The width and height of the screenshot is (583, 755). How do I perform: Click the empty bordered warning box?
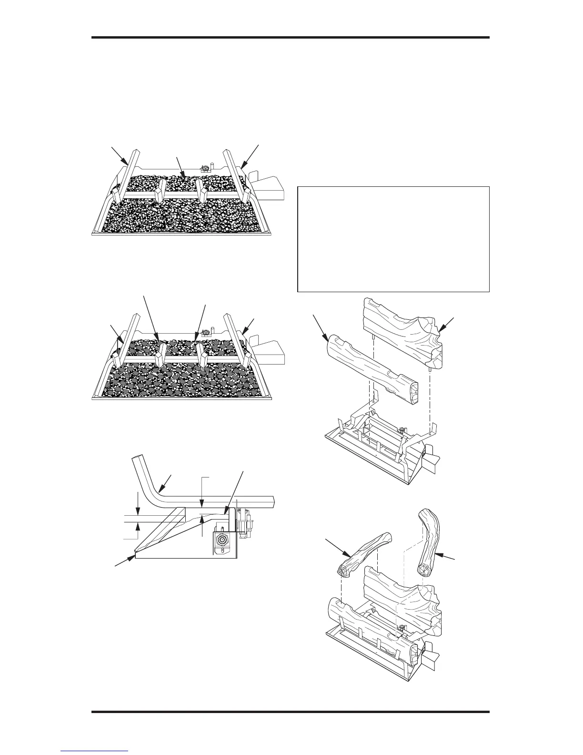click(x=393, y=239)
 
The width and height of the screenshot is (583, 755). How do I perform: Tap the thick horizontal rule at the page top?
click(x=291, y=38)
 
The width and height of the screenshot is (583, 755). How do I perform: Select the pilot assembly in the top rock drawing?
click(x=206, y=168)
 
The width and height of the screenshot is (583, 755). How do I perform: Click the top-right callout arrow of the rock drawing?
click(x=250, y=155)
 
